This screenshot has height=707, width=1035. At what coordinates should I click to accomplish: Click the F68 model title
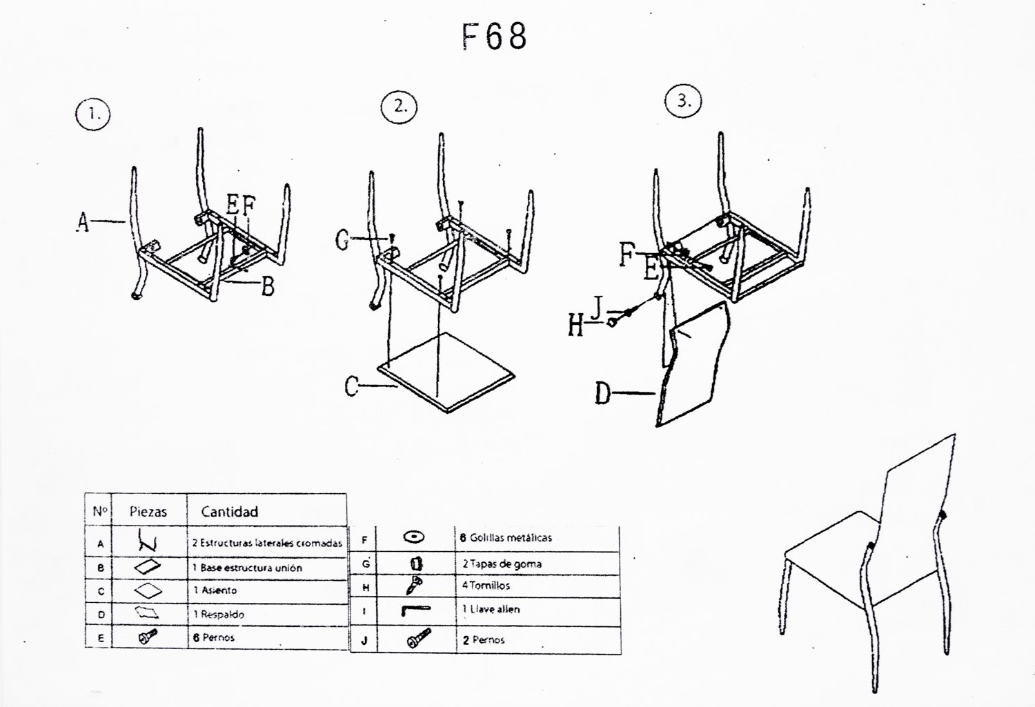point(494,37)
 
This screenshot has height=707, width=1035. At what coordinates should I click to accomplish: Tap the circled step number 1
point(93,114)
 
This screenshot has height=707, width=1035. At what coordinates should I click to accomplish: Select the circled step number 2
point(400,106)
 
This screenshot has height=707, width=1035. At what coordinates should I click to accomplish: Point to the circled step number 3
point(683,101)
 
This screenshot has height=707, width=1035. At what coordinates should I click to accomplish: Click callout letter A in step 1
point(83,222)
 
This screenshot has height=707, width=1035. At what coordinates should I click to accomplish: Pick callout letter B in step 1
point(268,286)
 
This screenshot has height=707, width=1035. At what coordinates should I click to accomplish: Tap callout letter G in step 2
point(342,240)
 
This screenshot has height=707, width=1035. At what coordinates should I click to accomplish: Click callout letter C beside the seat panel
point(352,386)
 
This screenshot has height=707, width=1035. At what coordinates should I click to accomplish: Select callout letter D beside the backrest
point(603,394)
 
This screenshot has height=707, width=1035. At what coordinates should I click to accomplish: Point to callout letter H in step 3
point(575,325)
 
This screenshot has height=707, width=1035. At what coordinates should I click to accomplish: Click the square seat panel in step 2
point(446,372)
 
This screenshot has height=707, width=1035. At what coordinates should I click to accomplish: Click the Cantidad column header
point(230,512)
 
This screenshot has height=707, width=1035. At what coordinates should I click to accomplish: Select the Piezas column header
point(148,512)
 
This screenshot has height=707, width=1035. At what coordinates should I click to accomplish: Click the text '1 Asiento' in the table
point(215,590)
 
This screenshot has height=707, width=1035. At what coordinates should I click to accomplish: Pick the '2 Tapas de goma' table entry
point(502,564)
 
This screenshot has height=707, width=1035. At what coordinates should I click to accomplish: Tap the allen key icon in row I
point(415,610)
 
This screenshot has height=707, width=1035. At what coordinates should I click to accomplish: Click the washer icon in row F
point(414,537)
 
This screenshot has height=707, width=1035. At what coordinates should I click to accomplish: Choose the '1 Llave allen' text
point(491,609)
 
